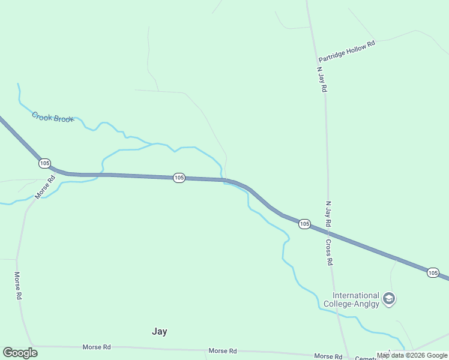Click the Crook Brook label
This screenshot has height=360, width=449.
[53, 117]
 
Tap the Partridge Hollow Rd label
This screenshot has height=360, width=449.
[346, 52]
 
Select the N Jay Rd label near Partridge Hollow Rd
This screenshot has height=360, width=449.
[322, 79]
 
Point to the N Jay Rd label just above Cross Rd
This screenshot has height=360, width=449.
[328, 214]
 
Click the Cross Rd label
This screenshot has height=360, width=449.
[329, 253]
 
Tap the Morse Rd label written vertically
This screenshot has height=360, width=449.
[18, 286]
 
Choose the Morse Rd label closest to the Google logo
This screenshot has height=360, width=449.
[96, 347]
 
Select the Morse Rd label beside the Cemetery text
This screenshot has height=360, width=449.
[328, 356]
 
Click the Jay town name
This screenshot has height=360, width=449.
[159, 331]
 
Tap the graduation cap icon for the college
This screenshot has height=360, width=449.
[389, 298]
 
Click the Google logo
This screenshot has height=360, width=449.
[20, 353]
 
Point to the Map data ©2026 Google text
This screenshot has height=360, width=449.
[412, 355]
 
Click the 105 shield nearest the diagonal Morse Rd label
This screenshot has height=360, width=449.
[44, 163]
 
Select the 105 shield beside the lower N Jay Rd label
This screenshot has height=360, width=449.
[304, 224]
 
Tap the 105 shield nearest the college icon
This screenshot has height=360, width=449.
[433, 272]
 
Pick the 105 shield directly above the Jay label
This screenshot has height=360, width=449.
[179, 178]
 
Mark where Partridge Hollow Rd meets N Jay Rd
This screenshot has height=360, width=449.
[318, 62]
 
